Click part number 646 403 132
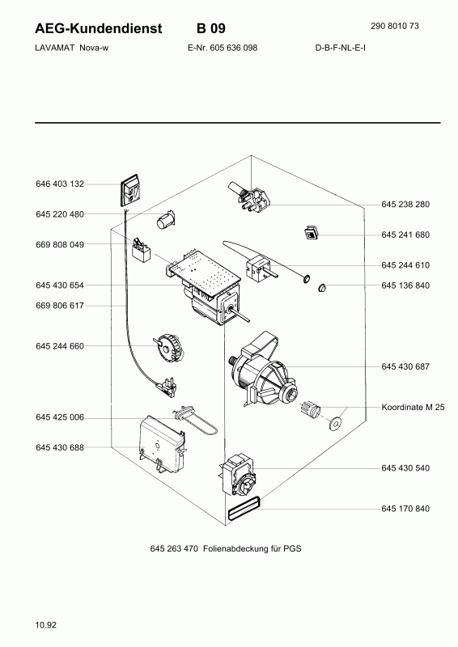(60, 184)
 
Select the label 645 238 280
(405, 205)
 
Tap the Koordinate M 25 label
(413, 408)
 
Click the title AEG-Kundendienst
(99, 28)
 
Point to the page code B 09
(211, 28)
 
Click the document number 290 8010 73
(395, 26)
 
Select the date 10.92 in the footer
(46, 625)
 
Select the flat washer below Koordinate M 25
(335, 423)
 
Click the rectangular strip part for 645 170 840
(244, 509)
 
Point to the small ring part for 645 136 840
(322, 288)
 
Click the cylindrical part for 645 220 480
(166, 219)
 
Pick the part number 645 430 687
(405, 367)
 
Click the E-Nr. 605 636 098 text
(223, 48)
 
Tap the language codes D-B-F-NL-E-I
(341, 48)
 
